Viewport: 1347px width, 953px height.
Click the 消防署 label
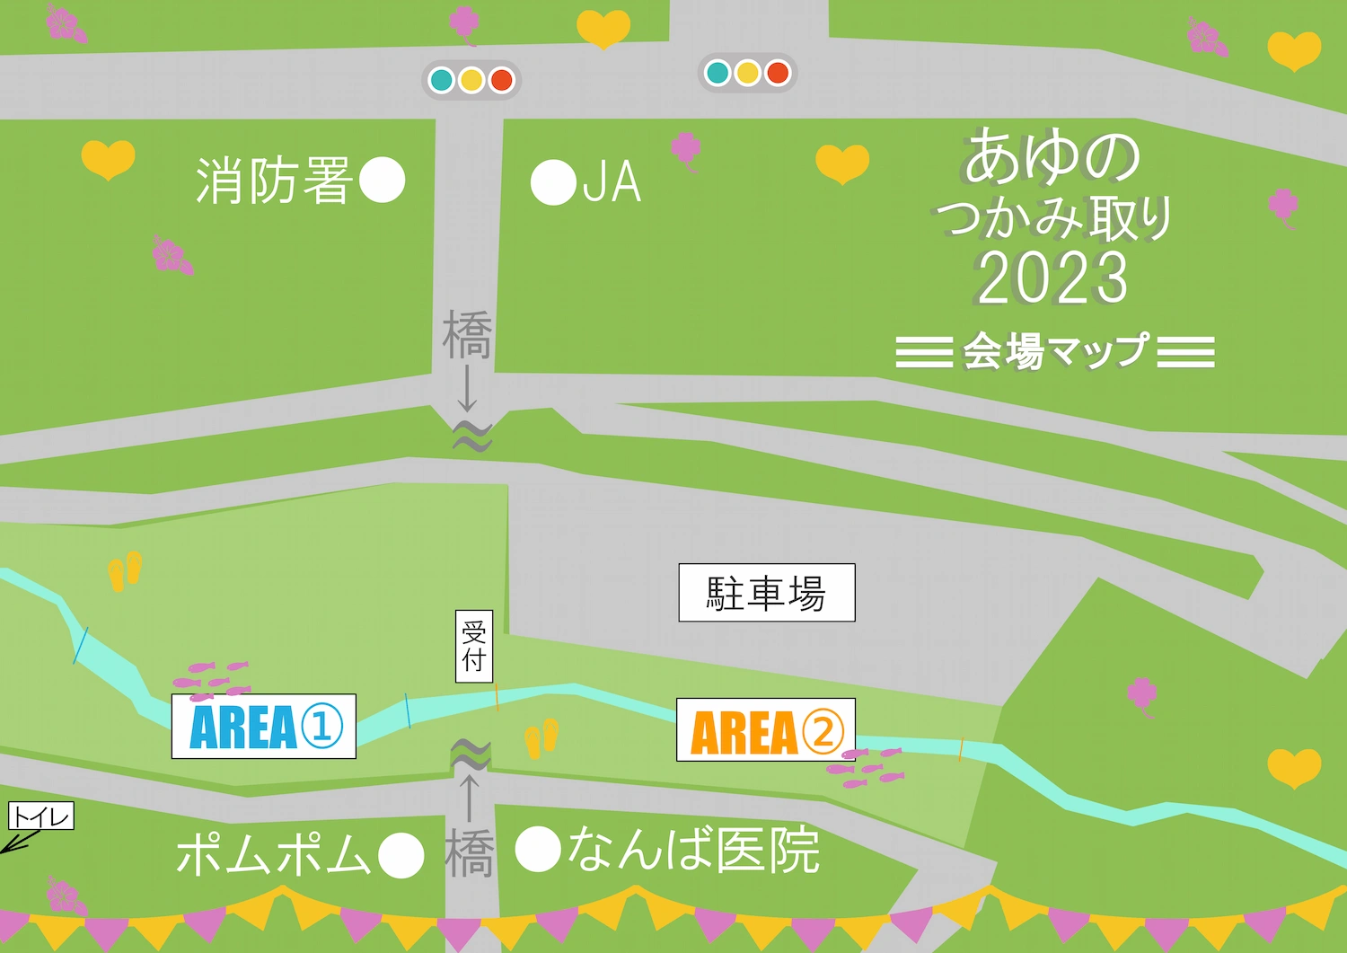(x=273, y=181)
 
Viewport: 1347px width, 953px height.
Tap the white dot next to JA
(x=552, y=182)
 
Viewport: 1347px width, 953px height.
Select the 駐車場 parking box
(x=766, y=593)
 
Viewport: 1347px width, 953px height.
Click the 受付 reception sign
(x=474, y=646)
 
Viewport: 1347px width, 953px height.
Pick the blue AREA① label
(x=264, y=727)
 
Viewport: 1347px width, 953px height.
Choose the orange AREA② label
(x=765, y=730)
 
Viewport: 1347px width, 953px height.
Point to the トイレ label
(x=41, y=816)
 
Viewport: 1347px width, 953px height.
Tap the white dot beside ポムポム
(x=401, y=855)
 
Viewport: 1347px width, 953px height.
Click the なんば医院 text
(x=694, y=850)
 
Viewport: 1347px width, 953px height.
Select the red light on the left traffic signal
(x=501, y=80)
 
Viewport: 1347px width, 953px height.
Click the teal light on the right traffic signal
(x=718, y=73)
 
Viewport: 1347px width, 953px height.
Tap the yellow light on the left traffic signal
(x=471, y=80)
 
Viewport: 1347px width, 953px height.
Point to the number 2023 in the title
(x=1052, y=278)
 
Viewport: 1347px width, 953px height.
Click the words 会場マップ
(x=1055, y=351)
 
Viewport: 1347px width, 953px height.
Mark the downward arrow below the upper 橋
(x=467, y=389)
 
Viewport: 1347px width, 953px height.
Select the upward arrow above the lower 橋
(x=469, y=797)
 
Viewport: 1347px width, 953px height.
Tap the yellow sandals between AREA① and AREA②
(x=541, y=738)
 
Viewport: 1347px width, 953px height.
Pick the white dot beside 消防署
(x=382, y=181)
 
